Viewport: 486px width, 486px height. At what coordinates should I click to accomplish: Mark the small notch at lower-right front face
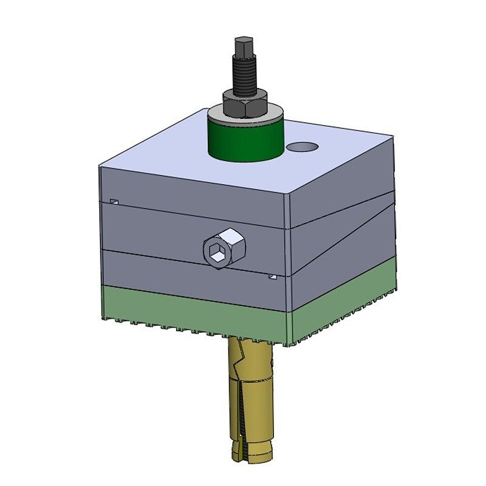click(273, 277)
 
